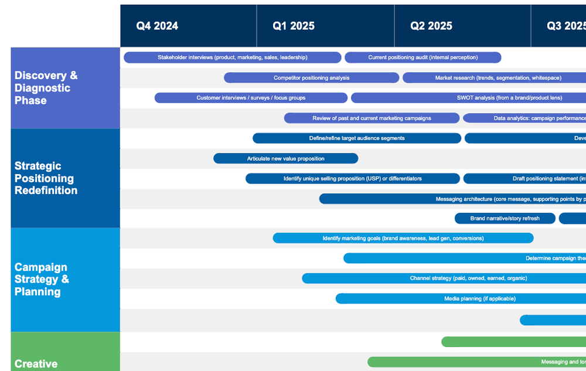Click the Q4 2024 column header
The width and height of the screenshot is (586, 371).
tap(157, 26)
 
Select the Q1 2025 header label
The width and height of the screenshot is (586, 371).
tap(294, 26)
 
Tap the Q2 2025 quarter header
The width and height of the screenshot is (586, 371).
tap(431, 26)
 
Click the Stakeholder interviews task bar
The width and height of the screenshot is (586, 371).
tap(232, 57)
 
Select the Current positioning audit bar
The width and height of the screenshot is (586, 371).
tap(423, 57)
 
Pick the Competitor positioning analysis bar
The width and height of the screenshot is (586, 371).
tap(311, 78)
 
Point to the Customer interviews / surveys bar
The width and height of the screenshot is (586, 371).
tap(251, 98)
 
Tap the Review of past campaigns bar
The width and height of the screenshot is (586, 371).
tap(372, 118)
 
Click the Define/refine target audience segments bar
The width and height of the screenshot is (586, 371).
tap(356, 138)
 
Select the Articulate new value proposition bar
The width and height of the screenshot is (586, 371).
tap(285, 158)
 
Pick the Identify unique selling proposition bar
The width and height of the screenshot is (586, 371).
tap(352, 179)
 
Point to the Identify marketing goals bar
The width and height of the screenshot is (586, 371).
tap(403, 239)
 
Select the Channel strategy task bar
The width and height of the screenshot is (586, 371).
tap(444, 278)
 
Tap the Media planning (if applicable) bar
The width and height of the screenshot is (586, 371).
tap(461, 299)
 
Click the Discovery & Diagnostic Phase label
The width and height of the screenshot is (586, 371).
tap(46, 88)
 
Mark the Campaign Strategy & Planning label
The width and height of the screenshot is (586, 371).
tap(42, 280)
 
